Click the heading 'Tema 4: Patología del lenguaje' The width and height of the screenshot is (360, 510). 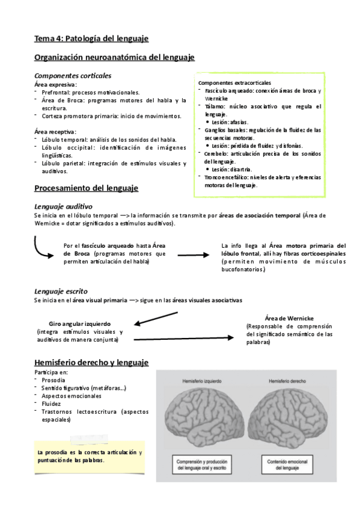tap(91, 38)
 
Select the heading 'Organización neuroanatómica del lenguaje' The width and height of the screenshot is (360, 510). tap(114, 58)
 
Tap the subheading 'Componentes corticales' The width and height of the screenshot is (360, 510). tap(73, 76)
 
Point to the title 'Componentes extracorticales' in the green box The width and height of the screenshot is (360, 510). tap(234, 82)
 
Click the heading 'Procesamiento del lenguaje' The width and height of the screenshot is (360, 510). tap(86, 188)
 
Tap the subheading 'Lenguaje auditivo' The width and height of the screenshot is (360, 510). tap(63, 206)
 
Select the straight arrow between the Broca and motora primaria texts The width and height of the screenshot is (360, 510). tap(192, 256)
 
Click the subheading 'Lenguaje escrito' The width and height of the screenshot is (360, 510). tap(61, 290)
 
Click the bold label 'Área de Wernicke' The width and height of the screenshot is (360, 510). tap(289, 318)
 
